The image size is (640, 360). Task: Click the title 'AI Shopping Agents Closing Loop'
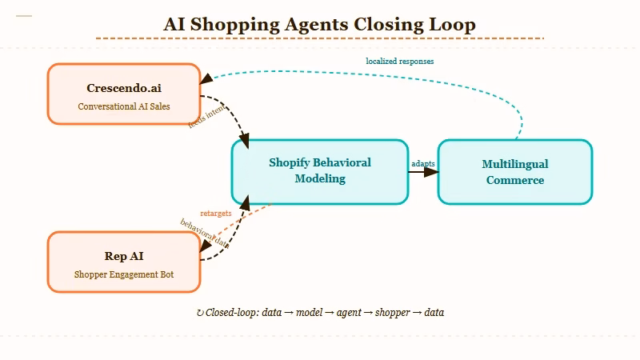pos(319,24)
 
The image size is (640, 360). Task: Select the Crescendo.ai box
pos(124,94)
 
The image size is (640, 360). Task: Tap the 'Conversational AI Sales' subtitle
pos(124,106)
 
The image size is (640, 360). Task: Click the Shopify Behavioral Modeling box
pos(320,171)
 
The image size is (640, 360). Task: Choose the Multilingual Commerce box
pos(514,171)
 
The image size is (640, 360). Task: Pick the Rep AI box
pos(124,262)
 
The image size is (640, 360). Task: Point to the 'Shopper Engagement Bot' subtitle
pos(124,274)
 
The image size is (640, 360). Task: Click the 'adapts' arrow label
pos(423,163)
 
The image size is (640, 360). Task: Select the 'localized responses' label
pos(400,61)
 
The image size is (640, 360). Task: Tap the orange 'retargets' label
pos(216,214)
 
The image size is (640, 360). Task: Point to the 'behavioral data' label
pos(205,234)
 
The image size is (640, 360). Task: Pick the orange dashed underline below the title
pos(319,38)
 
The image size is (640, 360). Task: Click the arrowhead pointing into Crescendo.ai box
pos(206,79)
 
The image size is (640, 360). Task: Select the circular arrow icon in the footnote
pos(200,312)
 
